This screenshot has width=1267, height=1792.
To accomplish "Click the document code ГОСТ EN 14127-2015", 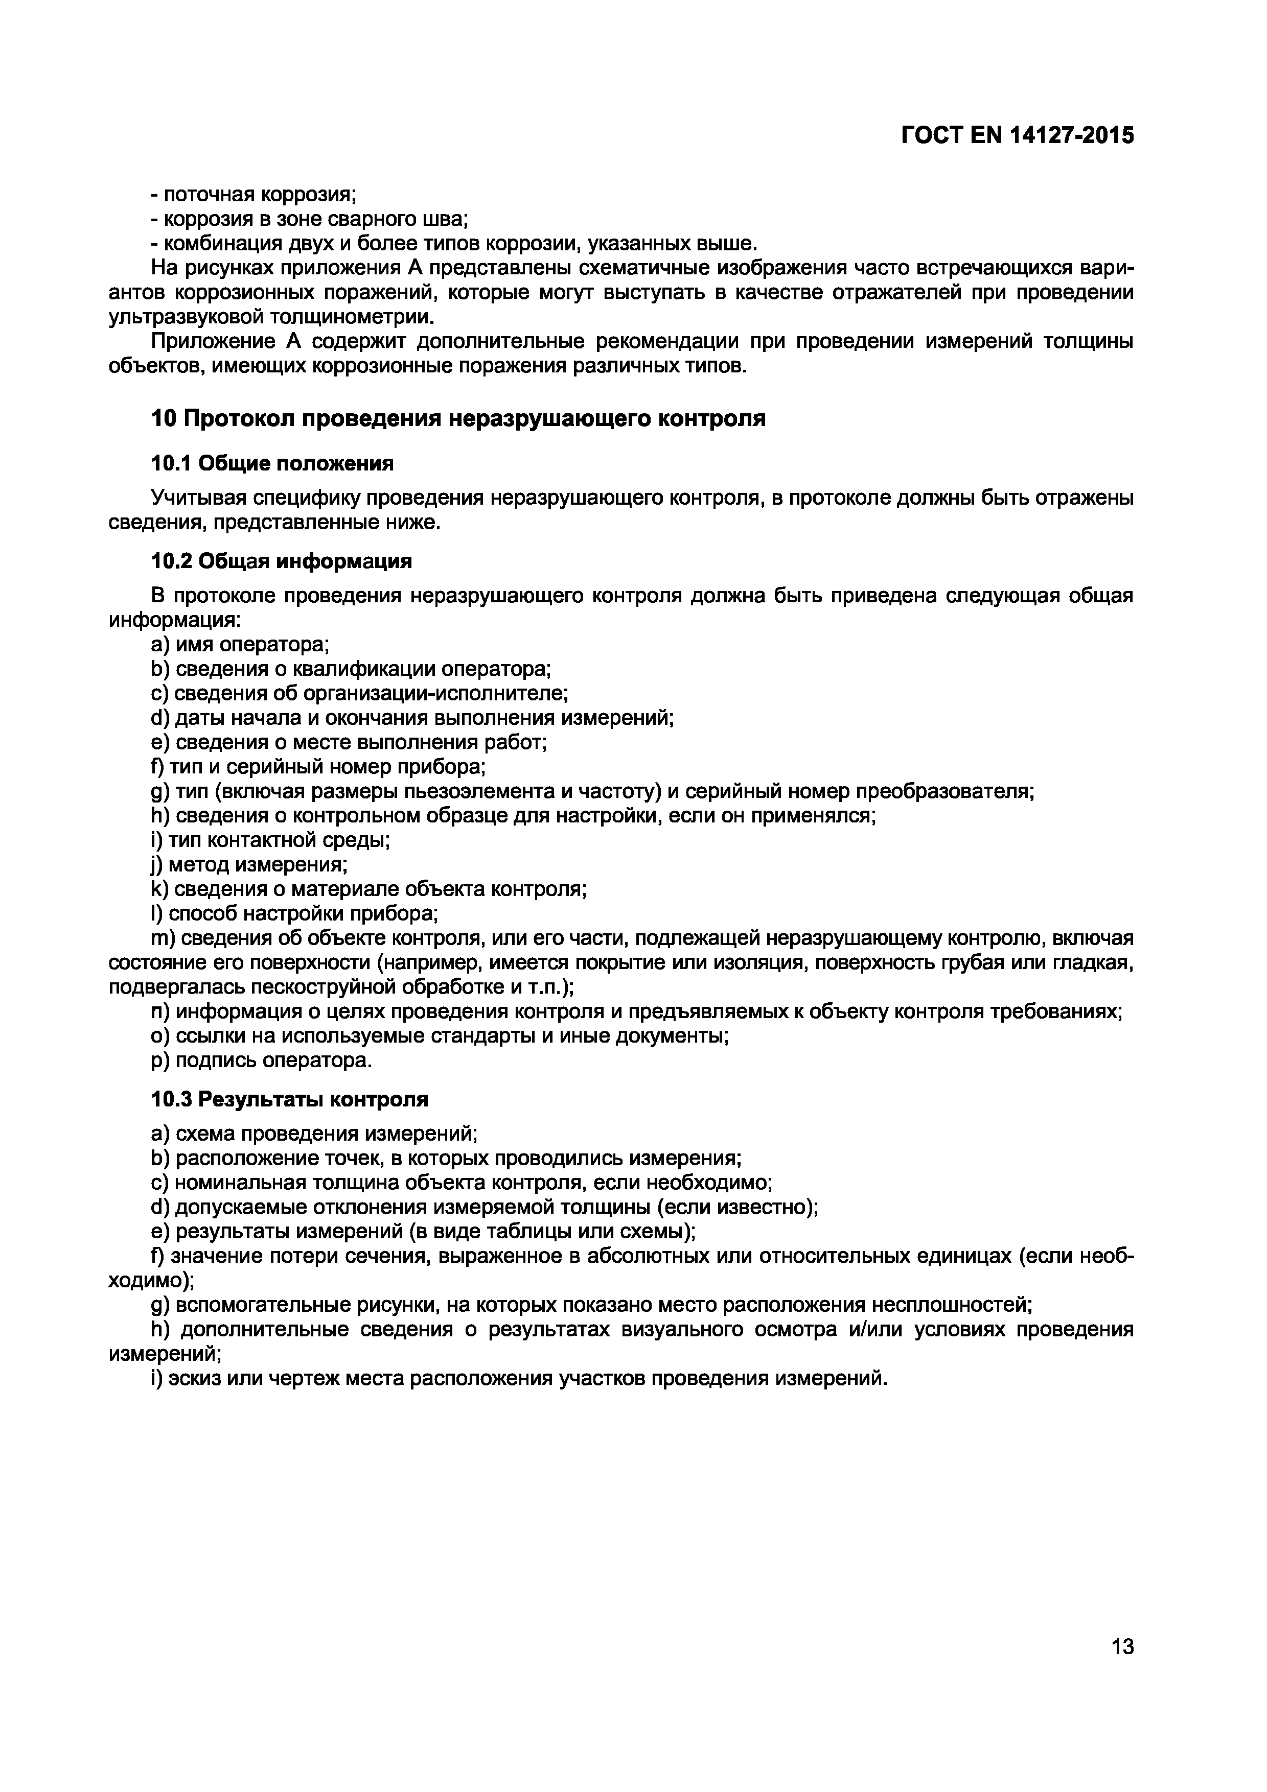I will (1017, 136).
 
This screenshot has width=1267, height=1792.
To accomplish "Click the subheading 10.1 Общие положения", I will (272, 464).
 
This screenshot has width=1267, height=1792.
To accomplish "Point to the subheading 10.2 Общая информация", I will (281, 561).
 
